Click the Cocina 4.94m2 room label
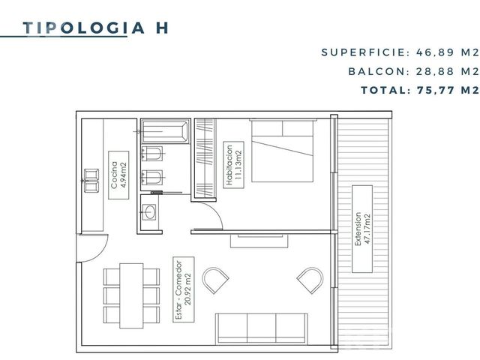coord(118,175)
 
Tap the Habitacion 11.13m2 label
coord(233,165)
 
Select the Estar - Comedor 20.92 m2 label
coord(184,289)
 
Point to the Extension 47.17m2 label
coord(362,229)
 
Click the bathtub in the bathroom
coord(165,131)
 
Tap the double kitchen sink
coord(91,181)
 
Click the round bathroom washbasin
coord(150,212)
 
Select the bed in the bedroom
coord(282,151)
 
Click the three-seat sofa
coord(262,328)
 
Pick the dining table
coord(131,295)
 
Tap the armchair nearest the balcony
coord(310,280)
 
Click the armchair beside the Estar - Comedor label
coord(215,280)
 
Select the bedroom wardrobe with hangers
coord(205,158)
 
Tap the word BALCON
coord(376,72)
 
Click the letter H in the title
coord(162,28)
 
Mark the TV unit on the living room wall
coord(259,241)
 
